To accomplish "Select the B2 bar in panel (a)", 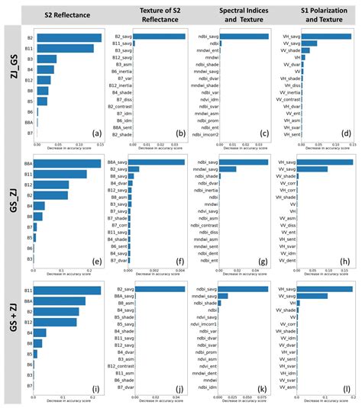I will coord(69,37).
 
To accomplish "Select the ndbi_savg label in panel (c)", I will coord(208,37).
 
